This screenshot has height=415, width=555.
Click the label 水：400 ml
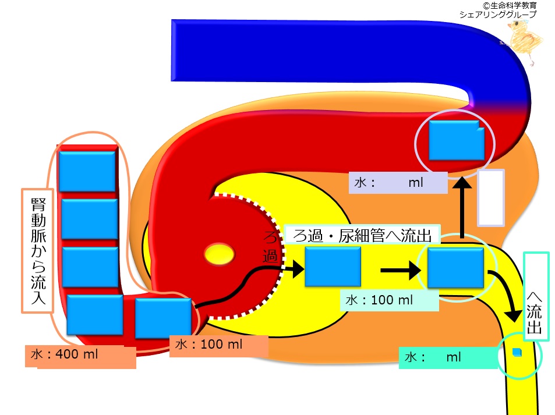point(65,354)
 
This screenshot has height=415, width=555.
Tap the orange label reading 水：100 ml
point(209,344)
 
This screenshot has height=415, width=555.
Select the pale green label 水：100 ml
point(379,300)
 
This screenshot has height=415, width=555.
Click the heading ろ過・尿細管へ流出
point(362,236)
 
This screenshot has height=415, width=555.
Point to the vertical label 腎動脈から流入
point(38,251)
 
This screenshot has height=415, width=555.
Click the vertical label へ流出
point(535,313)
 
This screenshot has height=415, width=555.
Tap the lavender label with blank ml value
point(398,183)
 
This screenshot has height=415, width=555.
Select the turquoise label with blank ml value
point(448,357)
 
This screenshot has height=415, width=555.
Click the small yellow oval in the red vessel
point(220,254)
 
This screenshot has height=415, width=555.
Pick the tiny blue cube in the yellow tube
point(517,352)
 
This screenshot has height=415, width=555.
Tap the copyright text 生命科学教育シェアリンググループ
point(498,10)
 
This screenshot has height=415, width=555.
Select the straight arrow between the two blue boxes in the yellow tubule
point(400,270)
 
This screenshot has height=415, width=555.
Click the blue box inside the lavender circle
point(457,140)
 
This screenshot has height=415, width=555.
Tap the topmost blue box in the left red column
point(87,172)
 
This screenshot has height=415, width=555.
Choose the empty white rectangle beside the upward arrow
point(490,198)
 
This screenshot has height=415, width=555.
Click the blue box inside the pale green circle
point(455,268)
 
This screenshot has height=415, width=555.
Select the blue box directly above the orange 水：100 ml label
point(163,318)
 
